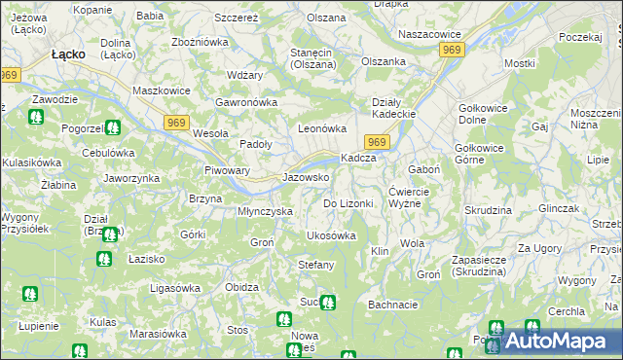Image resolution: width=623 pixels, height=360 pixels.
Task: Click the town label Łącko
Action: point(71,55)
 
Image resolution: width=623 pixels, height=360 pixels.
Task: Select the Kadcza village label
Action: point(357,159)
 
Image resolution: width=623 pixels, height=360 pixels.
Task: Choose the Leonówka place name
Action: point(322,128)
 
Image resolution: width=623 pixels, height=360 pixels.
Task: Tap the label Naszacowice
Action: point(429,34)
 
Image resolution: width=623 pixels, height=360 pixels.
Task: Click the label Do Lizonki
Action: point(348,203)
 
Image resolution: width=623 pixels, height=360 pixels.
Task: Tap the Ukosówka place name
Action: point(331,235)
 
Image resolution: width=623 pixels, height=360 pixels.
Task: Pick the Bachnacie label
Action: point(393,305)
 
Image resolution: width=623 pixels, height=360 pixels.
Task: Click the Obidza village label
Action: point(240,288)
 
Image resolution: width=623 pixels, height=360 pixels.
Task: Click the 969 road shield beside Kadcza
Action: point(380,142)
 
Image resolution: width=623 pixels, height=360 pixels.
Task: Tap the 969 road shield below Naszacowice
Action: point(450,50)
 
